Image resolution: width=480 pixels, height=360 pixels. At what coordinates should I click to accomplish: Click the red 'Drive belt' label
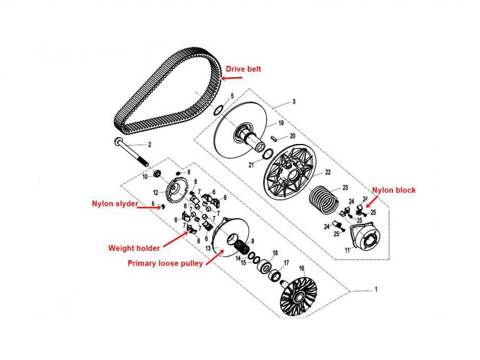tap(243, 69)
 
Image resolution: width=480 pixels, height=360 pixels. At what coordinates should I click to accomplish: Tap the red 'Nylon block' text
tap(394, 190)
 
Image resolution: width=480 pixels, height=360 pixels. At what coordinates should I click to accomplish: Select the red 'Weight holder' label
tap(134, 248)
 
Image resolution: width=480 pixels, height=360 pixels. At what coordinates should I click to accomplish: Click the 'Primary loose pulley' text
tap(165, 263)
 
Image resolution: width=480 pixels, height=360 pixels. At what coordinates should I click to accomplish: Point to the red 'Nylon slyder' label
tap(115, 204)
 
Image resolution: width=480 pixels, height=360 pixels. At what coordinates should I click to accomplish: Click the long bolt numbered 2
tap(131, 152)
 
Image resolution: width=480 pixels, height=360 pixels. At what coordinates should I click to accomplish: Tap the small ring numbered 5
tap(218, 110)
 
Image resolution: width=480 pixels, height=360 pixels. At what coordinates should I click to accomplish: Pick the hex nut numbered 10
tap(157, 173)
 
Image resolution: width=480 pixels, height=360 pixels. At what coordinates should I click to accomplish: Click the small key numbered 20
tap(274, 138)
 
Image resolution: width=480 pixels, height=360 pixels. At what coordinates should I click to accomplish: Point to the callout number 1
tap(376, 289)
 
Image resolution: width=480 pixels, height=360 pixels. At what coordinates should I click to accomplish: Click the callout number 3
tap(294, 101)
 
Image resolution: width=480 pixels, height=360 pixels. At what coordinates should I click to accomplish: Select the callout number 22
tap(328, 172)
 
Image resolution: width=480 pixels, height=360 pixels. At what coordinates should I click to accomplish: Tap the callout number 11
tap(347, 251)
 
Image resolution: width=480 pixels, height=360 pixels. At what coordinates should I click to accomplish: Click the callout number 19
tap(281, 123)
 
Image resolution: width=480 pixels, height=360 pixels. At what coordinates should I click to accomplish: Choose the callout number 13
tap(208, 248)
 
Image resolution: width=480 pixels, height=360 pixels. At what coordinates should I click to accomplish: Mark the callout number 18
tap(275, 253)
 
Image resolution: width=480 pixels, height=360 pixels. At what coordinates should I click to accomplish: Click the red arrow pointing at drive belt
tap(231, 78)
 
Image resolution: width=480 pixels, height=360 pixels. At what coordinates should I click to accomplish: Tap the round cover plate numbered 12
tap(175, 190)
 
